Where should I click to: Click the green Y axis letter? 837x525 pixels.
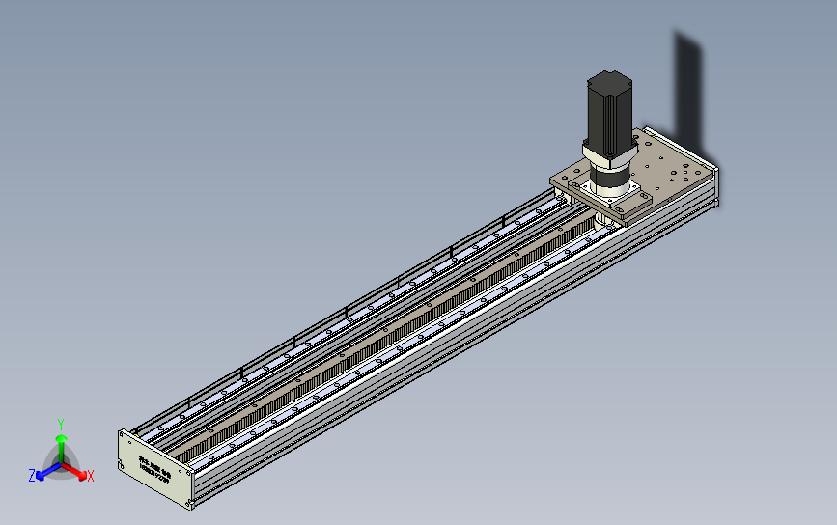60,424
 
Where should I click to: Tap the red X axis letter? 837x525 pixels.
90,476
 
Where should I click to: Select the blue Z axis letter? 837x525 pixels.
32,476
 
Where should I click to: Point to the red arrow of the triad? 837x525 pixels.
77,472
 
